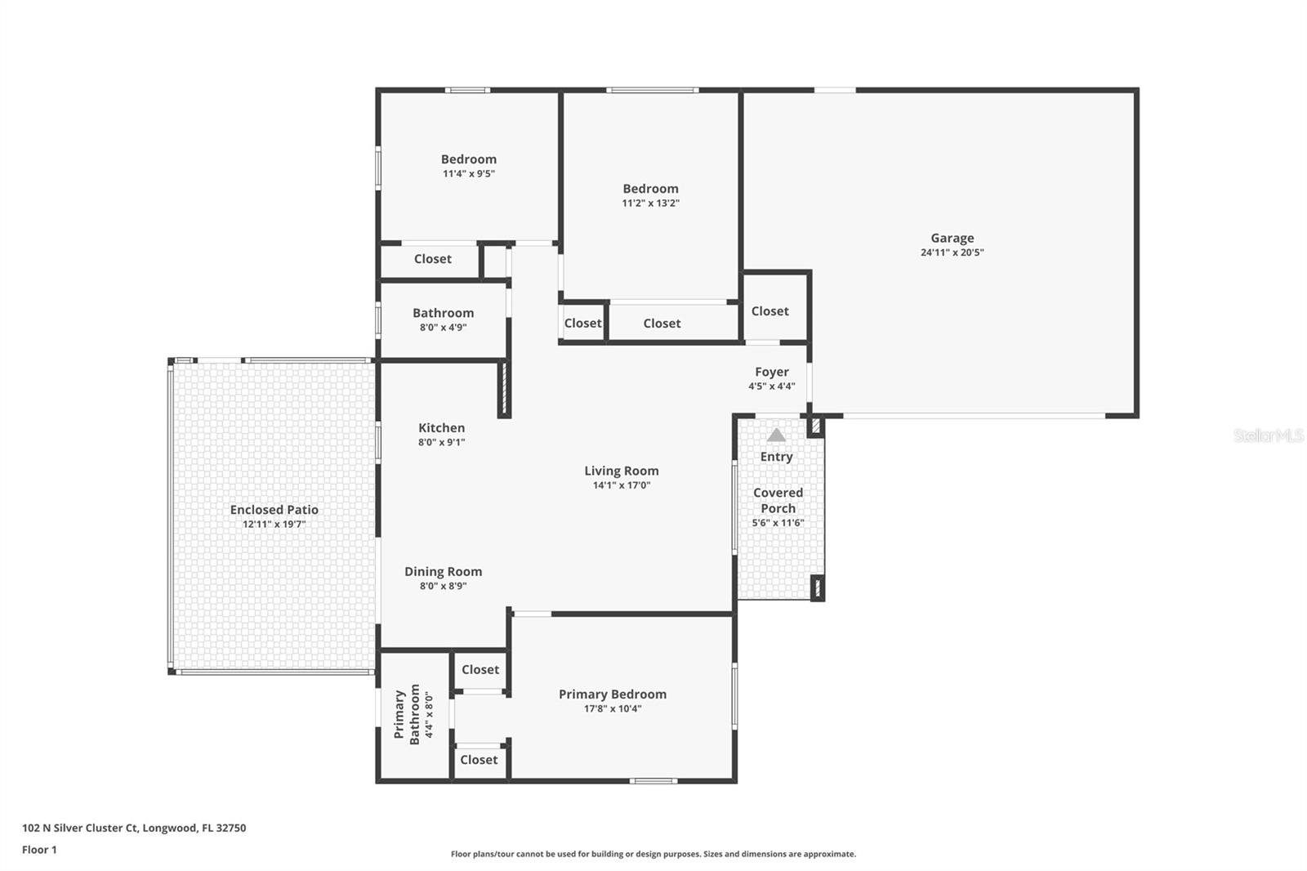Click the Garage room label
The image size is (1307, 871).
[x=952, y=238]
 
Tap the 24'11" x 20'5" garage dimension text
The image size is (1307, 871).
[x=952, y=252]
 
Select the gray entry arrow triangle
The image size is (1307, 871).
[x=776, y=435]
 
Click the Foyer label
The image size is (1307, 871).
[x=771, y=372]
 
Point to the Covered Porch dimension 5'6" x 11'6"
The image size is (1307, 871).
[x=778, y=523]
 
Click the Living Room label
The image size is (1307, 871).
[x=621, y=471]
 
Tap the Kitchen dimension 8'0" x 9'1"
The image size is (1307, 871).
[x=441, y=442]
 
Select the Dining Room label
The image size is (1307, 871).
[x=443, y=571]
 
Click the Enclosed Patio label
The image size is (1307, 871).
[x=274, y=510]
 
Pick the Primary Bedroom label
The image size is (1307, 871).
[x=612, y=694]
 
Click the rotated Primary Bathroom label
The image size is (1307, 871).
[x=407, y=714]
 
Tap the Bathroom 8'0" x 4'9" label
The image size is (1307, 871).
[x=443, y=319]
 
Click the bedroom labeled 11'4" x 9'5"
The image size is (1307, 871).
[x=468, y=166]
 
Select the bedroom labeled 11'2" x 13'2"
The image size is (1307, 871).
[x=650, y=195]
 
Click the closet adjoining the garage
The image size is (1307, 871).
[x=769, y=310]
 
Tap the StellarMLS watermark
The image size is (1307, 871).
[x=1268, y=435]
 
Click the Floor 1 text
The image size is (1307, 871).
[x=39, y=850]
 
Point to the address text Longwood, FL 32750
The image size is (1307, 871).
[x=194, y=828]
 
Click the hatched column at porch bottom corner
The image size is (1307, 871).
[x=817, y=587]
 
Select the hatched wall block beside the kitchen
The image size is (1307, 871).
[x=504, y=389]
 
